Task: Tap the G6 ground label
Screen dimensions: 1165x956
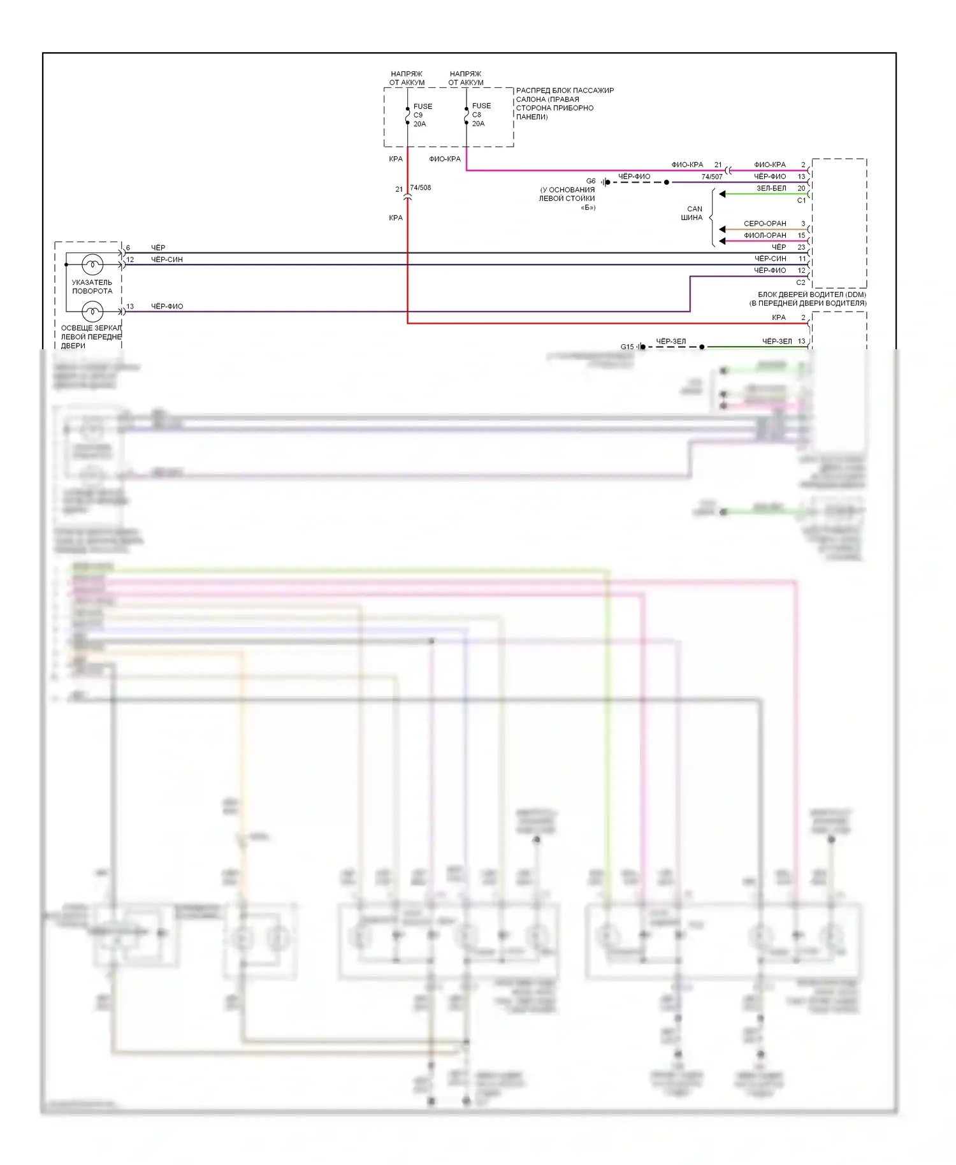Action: click(591, 181)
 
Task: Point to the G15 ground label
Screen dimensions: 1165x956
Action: click(627, 347)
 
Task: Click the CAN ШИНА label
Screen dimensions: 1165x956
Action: click(693, 213)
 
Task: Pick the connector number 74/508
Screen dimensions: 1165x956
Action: click(421, 187)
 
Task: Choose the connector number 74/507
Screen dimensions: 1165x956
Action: click(712, 177)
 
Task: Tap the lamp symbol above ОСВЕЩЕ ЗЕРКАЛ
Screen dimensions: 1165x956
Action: click(93, 312)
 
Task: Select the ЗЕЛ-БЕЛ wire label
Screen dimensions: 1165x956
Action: click(771, 188)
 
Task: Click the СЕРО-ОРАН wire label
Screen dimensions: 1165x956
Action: click(765, 224)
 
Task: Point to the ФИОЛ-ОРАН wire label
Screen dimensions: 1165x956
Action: click(765, 235)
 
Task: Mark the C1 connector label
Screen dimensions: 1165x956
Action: click(801, 200)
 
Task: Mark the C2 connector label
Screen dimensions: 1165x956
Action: click(801, 282)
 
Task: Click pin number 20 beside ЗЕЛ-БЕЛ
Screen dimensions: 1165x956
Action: click(801, 188)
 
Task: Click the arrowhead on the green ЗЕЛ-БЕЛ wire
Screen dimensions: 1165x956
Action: click(723, 194)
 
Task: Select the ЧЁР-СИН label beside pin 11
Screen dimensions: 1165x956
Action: click(770, 259)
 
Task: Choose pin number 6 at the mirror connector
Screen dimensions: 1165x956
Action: click(128, 248)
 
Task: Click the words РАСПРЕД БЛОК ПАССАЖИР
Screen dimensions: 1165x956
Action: click(565, 90)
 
